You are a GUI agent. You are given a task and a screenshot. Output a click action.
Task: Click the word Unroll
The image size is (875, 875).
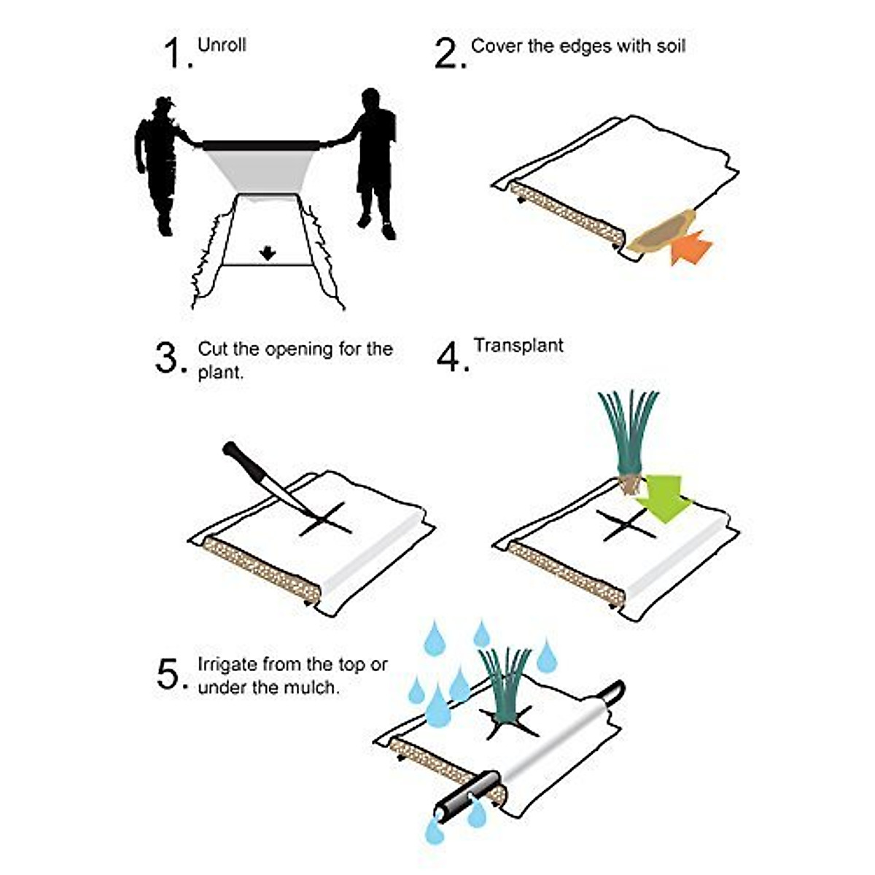pos(222,44)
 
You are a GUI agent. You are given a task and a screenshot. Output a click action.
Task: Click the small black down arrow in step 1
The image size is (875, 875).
pos(268,253)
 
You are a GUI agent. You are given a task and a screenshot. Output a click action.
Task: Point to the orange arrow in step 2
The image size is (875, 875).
pos(691,246)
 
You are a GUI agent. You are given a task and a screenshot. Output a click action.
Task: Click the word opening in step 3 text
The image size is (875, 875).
pos(299,349)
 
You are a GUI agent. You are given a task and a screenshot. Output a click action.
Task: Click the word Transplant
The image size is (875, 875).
pos(518,345)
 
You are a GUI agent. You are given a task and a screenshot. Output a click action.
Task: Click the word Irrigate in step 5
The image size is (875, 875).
pos(229,664)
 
